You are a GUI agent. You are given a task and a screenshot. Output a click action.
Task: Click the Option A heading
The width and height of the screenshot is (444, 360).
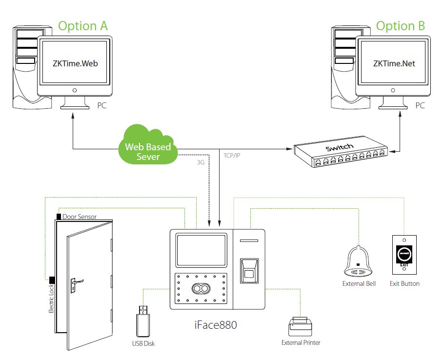tap(83, 26)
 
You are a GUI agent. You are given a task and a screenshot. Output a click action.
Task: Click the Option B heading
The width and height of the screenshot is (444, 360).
tap(401, 26)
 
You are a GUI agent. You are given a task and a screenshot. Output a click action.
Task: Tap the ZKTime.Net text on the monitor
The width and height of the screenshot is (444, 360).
tap(394, 63)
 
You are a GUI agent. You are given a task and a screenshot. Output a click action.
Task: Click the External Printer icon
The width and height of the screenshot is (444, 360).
tap(300, 326)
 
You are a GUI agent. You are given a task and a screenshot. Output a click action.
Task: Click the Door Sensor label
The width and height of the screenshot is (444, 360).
tap(80, 217)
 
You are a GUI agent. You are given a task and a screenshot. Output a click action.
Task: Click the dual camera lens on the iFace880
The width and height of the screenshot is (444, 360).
tap(201, 289)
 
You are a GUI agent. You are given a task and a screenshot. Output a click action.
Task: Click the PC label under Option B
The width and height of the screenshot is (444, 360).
tap(420, 105)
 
